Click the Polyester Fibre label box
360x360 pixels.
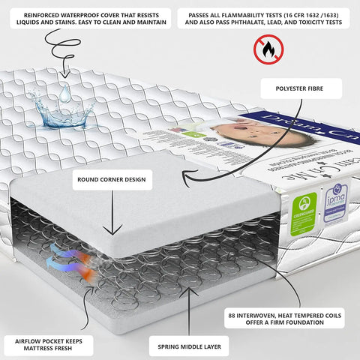[301, 90]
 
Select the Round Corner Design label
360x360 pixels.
[112, 180]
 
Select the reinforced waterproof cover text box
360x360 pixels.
[83, 19]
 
